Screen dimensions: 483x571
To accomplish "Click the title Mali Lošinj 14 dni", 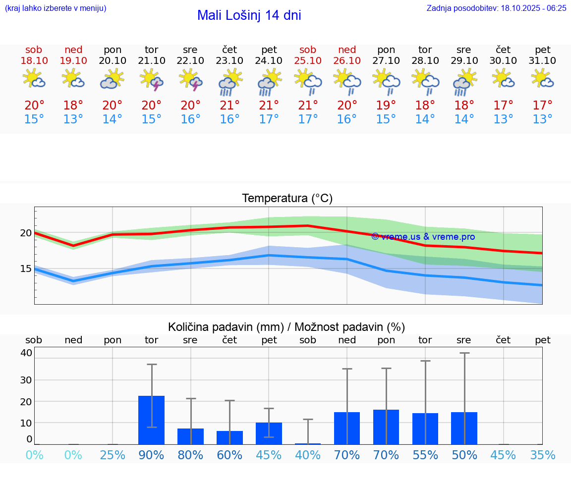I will point(249,15).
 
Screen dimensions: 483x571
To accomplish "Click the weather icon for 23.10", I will point(229,82).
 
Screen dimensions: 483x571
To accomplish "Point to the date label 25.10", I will point(308,60).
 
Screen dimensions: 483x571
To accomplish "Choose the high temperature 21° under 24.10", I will point(269,105).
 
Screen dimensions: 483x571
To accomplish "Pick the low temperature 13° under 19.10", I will point(73,119).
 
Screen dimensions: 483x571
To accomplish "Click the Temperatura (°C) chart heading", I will point(287,198).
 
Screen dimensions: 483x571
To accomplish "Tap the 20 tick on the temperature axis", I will point(26,233).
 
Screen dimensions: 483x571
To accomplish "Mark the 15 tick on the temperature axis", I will point(26,268).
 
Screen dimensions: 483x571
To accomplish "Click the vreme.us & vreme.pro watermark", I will point(423,237).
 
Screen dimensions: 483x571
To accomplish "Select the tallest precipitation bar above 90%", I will point(151,420).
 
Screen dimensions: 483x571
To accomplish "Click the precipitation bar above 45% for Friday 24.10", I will point(269,433).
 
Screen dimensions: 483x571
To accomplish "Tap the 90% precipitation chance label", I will point(151,455).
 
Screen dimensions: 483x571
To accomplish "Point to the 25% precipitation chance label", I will point(113,455).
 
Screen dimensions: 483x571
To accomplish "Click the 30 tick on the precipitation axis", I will point(26,380).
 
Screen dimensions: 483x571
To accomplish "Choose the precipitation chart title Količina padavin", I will point(226,327).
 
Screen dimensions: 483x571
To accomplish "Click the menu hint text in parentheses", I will point(56,8).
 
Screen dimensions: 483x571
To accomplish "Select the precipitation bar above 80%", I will point(190,436).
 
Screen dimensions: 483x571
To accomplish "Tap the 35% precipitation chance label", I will point(543,455).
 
